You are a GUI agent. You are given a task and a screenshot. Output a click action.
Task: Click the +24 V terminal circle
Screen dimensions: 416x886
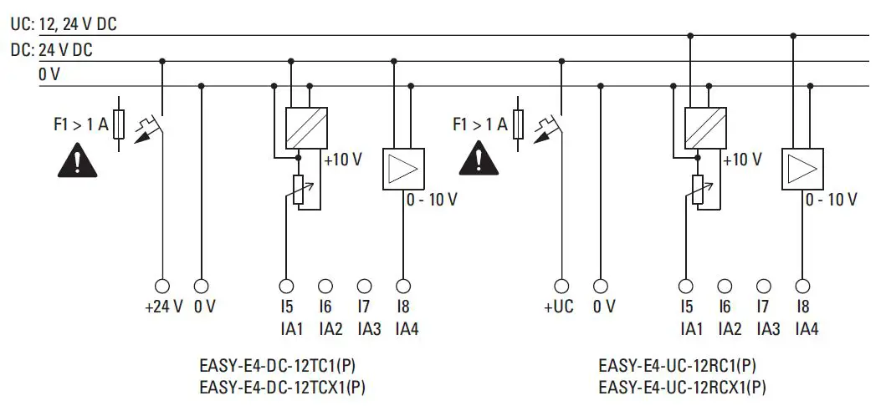pos(162,286)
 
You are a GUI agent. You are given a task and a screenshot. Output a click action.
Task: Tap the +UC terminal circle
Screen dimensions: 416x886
pos(562,286)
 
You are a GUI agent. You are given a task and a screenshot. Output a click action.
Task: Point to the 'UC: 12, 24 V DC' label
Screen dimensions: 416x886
pos(63,24)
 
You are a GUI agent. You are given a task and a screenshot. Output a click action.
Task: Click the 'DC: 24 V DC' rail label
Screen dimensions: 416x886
pos(52,50)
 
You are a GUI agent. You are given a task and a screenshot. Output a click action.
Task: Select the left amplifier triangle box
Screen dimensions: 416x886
pos(403,170)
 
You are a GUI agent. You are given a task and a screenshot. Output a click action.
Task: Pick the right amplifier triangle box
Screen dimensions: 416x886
pos(802,170)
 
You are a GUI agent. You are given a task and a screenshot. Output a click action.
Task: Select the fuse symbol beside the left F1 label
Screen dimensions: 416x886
pos(120,126)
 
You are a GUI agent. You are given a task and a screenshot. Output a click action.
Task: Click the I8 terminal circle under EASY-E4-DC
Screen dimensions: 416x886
pos(403,286)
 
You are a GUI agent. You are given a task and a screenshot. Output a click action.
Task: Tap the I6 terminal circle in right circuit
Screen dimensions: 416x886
pos(725,286)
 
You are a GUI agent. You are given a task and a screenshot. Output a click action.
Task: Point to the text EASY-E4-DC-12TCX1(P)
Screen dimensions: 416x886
pos(283,388)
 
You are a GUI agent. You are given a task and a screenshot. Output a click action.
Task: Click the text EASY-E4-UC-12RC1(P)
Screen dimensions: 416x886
pos(679,366)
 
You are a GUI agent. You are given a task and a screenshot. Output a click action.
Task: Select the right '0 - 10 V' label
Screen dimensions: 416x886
pos(831,200)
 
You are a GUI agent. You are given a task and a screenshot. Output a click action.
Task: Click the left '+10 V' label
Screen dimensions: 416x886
pos(343,160)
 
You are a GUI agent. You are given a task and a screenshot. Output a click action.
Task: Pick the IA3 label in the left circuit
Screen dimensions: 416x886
pos(369,329)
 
